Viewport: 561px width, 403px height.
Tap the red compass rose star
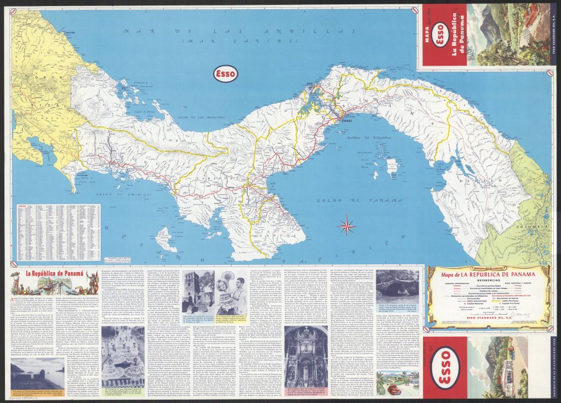[x=346, y=224]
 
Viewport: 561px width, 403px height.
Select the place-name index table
[x=56, y=232]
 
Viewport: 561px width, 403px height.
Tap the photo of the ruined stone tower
[x=198, y=291]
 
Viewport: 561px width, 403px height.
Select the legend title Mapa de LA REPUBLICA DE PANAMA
[x=488, y=271]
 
